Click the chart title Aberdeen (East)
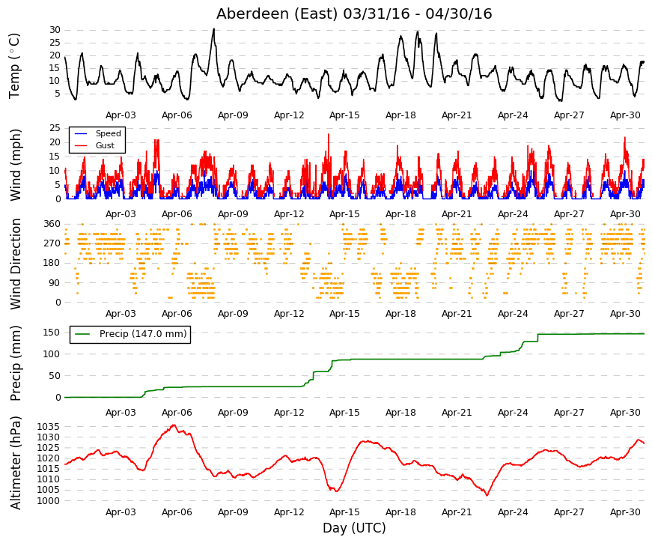(x=276, y=13)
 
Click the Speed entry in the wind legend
(x=108, y=133)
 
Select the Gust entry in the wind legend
(x=105, y=145)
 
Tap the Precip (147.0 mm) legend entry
(x=143, y=334)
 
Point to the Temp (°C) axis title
(x=14, y=66)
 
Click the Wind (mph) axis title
(x=15, y=165)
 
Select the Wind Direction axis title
(x=15, y=264)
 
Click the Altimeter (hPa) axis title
(x=15, y=463)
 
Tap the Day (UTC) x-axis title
(x=354, y=528)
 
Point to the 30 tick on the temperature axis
(x=55, y=30)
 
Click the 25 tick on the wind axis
(x=55, y=128)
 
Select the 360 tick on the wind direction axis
(x=52, y=224)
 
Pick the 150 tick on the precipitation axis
(x=52, y=333)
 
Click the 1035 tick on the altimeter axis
(x=49, y=427)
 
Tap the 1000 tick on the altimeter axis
(x=49, y=501)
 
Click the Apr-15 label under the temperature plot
(x=344, y=115)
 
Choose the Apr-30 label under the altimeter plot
(x=625, y=512)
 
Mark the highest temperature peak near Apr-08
(x=214, y=28)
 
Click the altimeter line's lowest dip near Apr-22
(x=487, y=495)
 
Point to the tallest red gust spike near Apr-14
(x=329, y=134)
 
